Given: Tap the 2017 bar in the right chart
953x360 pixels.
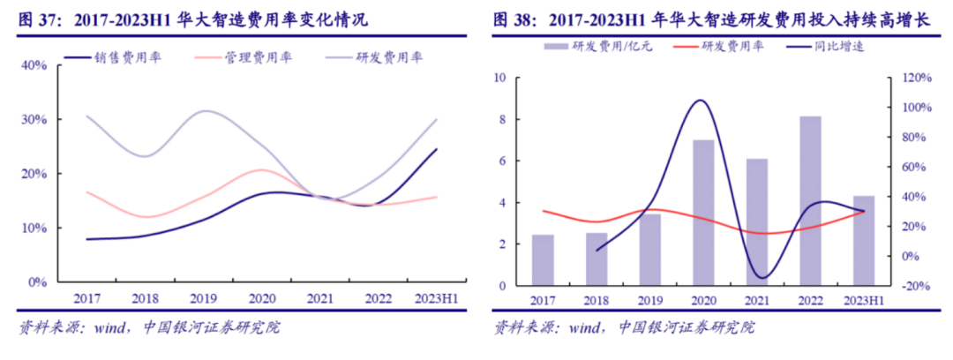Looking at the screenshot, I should [543, 260].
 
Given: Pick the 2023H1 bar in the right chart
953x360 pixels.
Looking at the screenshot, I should [863, 240].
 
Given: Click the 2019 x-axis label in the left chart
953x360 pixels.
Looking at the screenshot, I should [205, 299].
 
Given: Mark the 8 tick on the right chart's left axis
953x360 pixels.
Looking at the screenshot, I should [500, 119].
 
